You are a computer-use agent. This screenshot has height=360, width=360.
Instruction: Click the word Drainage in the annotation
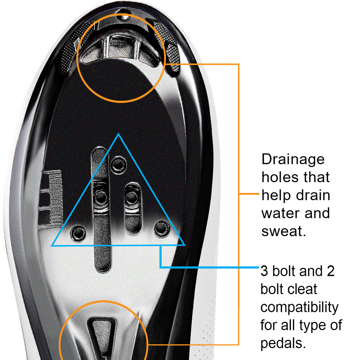293,160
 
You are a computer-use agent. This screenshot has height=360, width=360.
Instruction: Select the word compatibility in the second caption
299,307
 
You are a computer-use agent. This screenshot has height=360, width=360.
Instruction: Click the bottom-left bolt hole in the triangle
77,233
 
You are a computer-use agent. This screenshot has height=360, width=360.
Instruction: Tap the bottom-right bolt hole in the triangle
161,228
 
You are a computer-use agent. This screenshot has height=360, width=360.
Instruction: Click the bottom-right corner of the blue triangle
184,245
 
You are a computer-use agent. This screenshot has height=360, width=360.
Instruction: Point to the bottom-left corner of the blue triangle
52,246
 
